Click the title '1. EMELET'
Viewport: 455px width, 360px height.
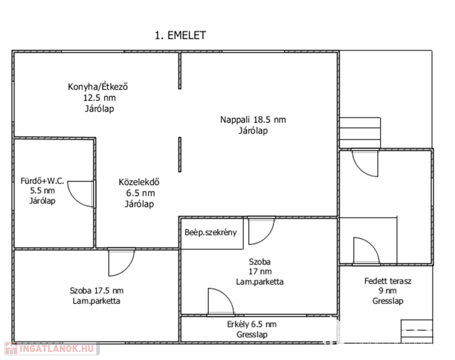[180, 36]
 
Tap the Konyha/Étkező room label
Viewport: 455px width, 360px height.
[98, 87]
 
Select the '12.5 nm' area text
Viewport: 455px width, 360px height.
[98, 97]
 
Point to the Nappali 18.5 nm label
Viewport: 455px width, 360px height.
[253, 120]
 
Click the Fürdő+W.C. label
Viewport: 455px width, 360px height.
[42, 180]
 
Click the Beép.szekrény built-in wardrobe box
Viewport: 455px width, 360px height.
[211, 232]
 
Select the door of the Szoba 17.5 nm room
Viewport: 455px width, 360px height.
[121, 262]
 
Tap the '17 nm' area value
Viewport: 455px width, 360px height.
[260, 272]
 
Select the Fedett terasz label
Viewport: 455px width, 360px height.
[388, 281]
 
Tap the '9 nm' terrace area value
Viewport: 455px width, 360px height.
[388, 291]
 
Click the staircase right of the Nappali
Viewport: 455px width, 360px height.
[360, 132]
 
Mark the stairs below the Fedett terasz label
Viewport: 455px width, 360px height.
[417, 331]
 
